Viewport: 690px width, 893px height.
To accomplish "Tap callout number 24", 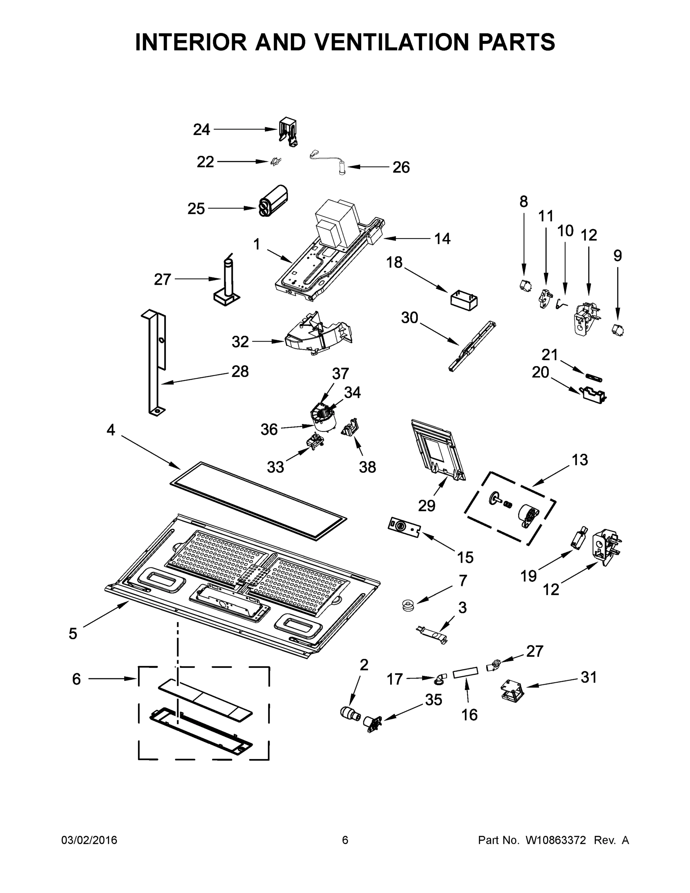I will (202, 129).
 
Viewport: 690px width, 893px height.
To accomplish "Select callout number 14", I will (442, 239).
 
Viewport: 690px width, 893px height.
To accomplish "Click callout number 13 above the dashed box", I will (580, 460).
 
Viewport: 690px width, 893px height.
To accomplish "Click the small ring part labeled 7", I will (408, 605).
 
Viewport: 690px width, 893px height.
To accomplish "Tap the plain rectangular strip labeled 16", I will (465, 671).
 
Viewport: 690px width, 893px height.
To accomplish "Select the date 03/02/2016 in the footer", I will (89, 840).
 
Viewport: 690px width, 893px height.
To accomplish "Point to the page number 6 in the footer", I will (345, 840).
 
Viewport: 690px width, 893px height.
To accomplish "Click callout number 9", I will (617, 256).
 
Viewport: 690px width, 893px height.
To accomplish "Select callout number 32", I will (240, 342).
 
